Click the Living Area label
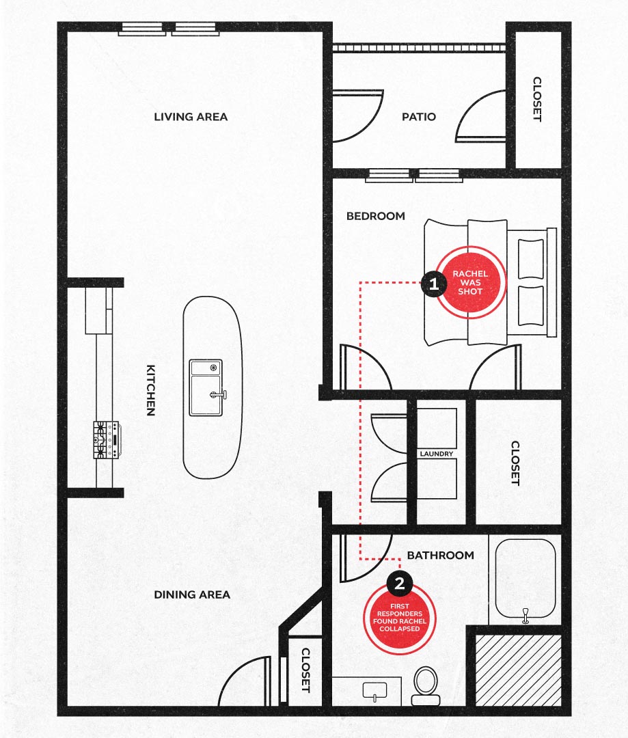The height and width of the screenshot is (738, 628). click(191, 117)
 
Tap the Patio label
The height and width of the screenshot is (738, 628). click(418, 117)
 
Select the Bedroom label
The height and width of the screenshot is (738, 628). click(376, 216)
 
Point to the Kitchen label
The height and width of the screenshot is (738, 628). click(150, 390)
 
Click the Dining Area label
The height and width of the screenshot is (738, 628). click(192, 595)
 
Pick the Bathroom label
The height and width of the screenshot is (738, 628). click(441, 556)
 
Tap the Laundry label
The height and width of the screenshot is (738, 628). click(437, 454)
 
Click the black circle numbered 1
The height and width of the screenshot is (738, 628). click(433, 284)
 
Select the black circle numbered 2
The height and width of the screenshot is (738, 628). click(400, 584)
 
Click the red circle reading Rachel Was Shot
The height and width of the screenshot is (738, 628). click(470, 282)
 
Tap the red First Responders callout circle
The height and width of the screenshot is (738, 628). click(400, 618)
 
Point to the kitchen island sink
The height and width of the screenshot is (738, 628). click(206, 388)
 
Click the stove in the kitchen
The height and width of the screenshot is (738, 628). click(107, 439)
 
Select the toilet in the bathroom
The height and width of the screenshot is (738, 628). click(426, 686)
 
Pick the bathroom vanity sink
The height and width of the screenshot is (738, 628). click(374, 691)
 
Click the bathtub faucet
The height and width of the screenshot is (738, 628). click(526, 615)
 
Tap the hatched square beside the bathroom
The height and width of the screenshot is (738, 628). click(518, 670)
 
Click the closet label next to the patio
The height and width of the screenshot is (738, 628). click(537, 99)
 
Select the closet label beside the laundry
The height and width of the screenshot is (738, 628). click(515, 463)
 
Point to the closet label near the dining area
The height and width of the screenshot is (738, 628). click(305, 670)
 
